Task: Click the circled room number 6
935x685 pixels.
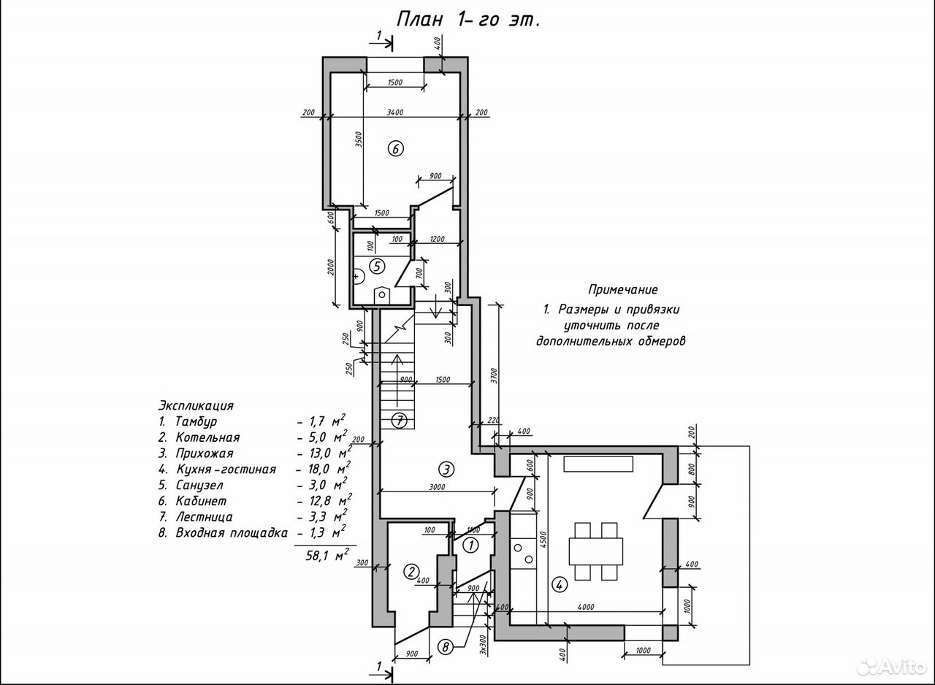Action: point(395,148)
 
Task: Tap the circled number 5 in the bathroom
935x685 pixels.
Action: point(377,266)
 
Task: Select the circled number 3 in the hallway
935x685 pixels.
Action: point(446,470)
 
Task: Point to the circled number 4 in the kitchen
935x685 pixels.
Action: point(560,585)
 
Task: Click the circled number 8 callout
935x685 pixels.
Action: point(446,647)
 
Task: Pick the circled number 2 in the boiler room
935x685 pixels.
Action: point(411,571)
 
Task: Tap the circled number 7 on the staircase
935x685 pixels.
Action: point(400,421)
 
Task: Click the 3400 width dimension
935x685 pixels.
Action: point(395,112)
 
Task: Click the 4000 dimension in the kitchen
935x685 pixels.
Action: point(586,608)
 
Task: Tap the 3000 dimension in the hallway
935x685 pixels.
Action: point(437,487)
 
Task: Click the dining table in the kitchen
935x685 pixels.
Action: point(595,551)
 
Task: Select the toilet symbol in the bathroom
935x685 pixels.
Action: point(381,294)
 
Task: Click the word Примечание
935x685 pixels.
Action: point(623,289)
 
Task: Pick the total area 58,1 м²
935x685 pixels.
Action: point(327,556)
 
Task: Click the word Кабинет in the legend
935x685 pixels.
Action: point(201,501)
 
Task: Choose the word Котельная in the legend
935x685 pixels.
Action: point(208,437)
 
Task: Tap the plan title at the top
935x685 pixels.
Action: point(468,20)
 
